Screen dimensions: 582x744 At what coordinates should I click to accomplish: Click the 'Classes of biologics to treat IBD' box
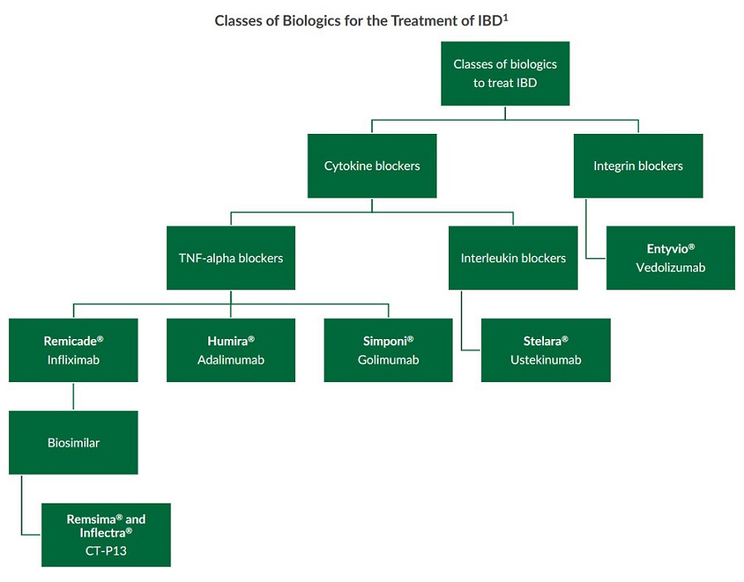(505, 74)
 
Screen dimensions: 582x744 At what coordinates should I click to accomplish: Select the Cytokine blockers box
(372, 166)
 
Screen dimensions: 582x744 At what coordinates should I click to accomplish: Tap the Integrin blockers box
(638, 166)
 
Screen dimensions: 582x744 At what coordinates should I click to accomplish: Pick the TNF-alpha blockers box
(231, 258)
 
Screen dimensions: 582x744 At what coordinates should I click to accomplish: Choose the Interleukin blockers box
(513, 258)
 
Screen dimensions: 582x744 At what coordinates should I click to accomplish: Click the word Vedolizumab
(670, 268)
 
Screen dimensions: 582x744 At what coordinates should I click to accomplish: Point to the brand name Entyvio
(667, 248)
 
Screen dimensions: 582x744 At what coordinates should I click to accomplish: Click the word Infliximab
(74, 360)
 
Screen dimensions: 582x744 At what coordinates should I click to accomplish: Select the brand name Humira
(227, 341)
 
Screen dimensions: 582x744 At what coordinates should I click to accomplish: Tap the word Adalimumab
(231, 360)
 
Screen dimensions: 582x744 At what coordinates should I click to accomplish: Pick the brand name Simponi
(384, 341)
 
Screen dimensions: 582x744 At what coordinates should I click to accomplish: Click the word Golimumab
(389, 360)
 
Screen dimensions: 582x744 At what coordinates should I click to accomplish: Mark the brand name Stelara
(542, 341)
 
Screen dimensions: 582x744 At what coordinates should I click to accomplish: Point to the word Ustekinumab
(546, 360)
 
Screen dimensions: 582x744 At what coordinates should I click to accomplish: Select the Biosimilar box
(74, 442)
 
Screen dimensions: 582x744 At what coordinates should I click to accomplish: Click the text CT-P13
(106, 551)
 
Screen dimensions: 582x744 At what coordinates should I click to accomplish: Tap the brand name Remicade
(70, 341)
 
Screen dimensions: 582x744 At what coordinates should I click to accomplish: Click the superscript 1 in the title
(504, 16)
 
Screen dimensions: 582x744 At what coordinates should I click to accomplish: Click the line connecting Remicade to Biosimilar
(74, 396)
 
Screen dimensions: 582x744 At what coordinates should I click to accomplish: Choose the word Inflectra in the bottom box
(103, 532)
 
